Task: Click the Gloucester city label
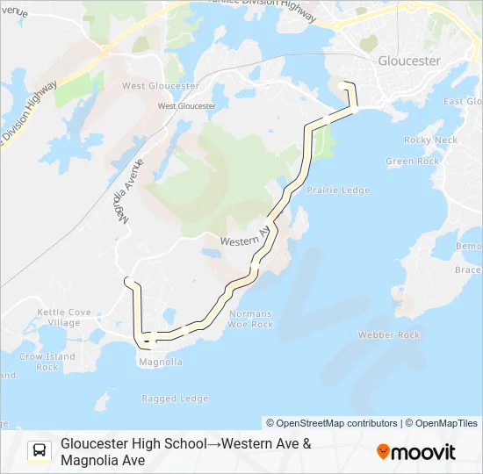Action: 408,61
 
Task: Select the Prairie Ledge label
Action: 341,190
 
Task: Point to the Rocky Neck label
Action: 430,140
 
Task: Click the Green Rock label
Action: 412,162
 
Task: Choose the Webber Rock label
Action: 388,335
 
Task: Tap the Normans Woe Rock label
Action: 250,319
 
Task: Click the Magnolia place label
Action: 160,362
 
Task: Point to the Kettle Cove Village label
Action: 64,317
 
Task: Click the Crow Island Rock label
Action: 47,362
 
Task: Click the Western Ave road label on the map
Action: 243,239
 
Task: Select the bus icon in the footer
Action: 40,451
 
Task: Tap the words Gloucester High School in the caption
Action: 133,444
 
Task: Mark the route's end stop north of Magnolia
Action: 128,281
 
